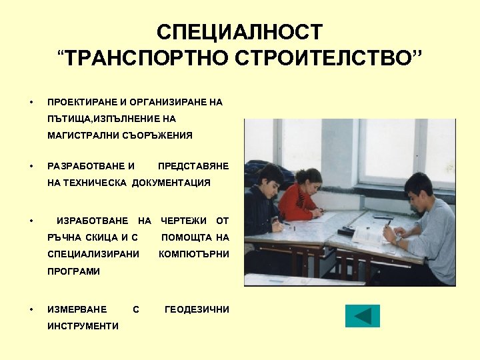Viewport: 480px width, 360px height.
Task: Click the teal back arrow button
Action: [362, 316]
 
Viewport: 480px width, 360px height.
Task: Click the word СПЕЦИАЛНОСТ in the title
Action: [239, 32]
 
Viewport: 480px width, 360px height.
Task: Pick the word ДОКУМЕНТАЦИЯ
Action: [171, 182]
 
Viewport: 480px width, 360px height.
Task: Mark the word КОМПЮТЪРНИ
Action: [194, 254]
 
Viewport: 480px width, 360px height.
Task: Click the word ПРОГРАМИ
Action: [73, 271]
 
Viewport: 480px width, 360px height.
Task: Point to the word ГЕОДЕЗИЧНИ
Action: [197, 309]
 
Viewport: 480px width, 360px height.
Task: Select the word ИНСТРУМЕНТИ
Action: [83, 326]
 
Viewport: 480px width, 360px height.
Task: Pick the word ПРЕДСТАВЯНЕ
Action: [193, 165]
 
